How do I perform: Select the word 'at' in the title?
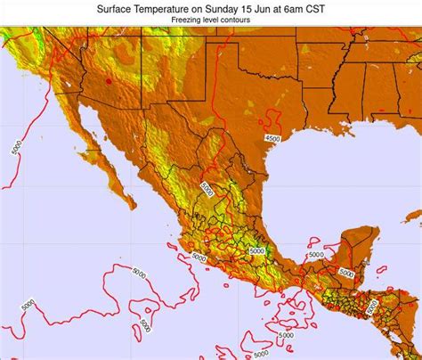(x=289, y=8)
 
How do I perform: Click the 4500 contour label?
(x=272, y=138)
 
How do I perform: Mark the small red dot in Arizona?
(x=110, y=81)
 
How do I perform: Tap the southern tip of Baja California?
(x=133, y=206)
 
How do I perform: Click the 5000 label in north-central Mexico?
(x=207, y=189)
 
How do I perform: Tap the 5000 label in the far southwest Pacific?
(x=28, y=305)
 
